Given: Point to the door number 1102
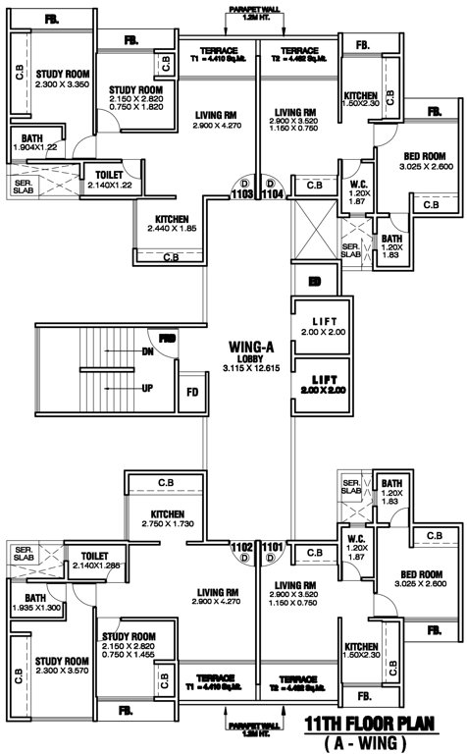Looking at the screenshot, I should [241, 546].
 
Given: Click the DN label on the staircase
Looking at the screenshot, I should [148, 350].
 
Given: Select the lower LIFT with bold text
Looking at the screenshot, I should [325, 384].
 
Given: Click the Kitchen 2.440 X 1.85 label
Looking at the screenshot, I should [171, 223].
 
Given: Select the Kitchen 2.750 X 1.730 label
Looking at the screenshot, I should [166, 519].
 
